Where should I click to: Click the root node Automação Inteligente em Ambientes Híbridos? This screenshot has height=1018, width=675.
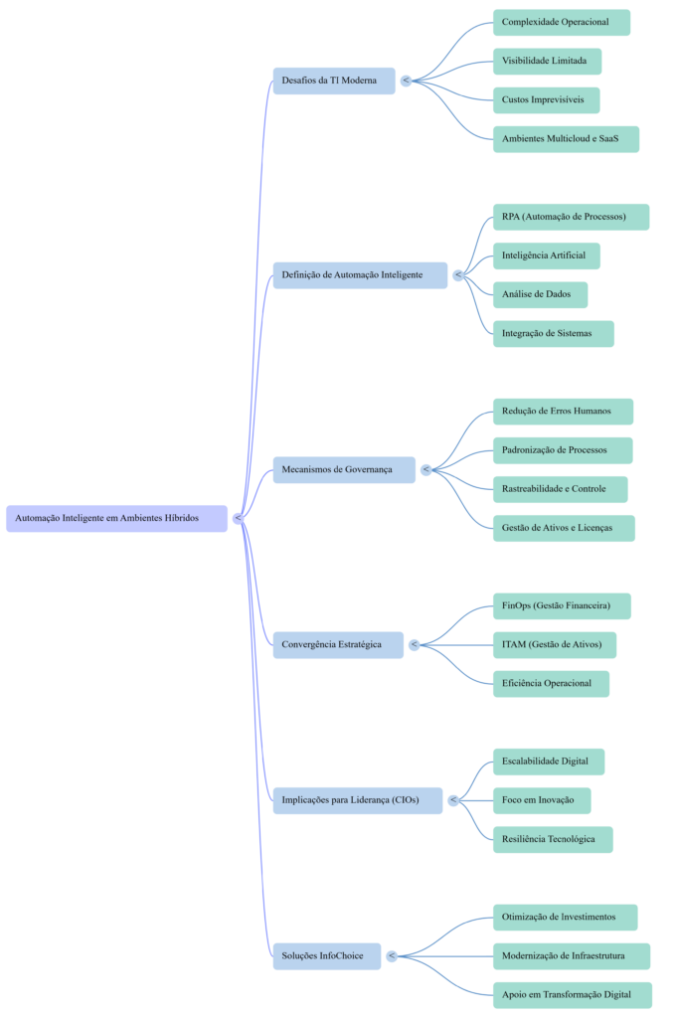click(116, 518)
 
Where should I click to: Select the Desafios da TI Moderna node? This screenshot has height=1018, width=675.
click(334, 81)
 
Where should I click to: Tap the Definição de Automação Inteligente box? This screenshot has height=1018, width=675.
click(360, 275)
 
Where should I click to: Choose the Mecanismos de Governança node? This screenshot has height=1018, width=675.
click(344, 469)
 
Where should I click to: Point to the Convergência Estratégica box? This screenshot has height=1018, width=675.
click(338, 644)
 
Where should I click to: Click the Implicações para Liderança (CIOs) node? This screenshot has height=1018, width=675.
click(357, 800)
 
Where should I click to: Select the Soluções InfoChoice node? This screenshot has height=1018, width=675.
click(326, 956)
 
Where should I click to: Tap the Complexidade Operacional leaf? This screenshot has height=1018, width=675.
click(561, 22)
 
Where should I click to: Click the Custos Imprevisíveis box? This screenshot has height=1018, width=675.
click(546, 100)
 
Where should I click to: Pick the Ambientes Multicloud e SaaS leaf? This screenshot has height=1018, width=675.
click(565, 139)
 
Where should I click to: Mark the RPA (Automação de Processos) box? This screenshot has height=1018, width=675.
click(571, 217)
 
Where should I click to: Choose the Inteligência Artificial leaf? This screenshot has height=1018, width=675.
click(546, 255)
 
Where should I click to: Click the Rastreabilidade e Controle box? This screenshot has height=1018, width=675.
click(560, 489)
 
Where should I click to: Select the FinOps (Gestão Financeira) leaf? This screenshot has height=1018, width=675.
click(562, 606)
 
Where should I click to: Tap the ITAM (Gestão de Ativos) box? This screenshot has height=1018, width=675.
click(554, 645)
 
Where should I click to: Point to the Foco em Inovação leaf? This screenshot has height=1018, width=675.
click(541, 800)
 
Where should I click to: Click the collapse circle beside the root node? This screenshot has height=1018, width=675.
click(238, 518)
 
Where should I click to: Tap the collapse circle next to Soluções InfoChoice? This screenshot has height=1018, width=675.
click(392, 956)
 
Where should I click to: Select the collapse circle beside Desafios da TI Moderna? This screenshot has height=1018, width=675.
click(406, 81)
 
